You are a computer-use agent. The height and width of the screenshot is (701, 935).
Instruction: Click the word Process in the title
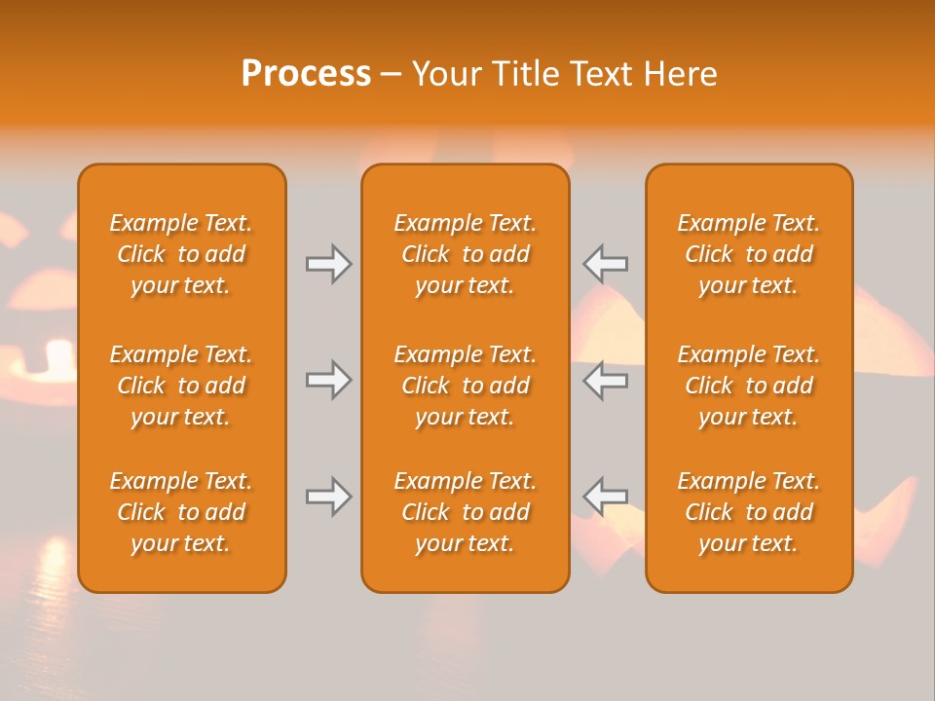[306, 74]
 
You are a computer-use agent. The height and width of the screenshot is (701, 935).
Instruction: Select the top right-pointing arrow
[328, 263]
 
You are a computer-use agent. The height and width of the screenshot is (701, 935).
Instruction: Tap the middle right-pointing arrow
[328, 380]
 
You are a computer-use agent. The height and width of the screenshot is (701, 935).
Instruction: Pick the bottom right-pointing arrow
[328, 498]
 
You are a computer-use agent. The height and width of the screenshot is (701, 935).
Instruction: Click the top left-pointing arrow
[606, 263]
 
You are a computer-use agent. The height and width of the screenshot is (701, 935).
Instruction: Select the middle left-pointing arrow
[606, 380]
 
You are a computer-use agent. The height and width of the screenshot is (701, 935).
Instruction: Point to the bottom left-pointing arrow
[606, 498]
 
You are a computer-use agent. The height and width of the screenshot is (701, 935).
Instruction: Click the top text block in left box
[181, 254]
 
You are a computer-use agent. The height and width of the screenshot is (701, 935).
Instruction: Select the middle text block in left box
[181, 386]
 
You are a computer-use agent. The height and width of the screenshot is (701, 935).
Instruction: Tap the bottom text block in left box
[181, 512]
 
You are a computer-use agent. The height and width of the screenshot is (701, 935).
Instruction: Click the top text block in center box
[466, 254]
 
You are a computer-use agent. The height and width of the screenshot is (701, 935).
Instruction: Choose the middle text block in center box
[466, 386]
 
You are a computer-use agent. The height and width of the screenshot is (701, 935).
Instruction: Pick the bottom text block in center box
[466, 512]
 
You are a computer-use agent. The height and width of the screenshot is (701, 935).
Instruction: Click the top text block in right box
[749, 254]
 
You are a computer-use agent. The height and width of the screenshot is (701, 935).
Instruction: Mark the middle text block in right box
[749, 386]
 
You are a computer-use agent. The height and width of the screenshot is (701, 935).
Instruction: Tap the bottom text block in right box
[749, 512]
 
